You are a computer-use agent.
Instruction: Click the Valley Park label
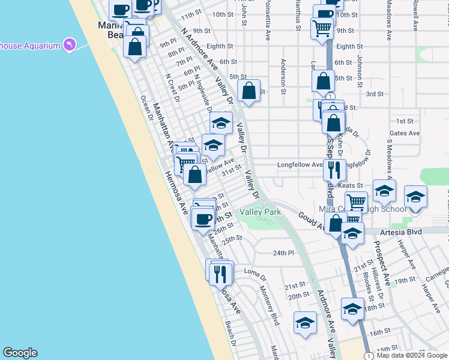click(261, 212)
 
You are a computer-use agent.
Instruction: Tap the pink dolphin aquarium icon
click(71, 46)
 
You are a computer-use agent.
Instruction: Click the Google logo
click(20, 353)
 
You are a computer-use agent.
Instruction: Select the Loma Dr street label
click(255, 274)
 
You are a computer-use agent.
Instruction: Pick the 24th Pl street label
click(283, 253)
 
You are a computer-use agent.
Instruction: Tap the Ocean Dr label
click(146, 107)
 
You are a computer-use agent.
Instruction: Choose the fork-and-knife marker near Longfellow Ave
click(334, 170)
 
